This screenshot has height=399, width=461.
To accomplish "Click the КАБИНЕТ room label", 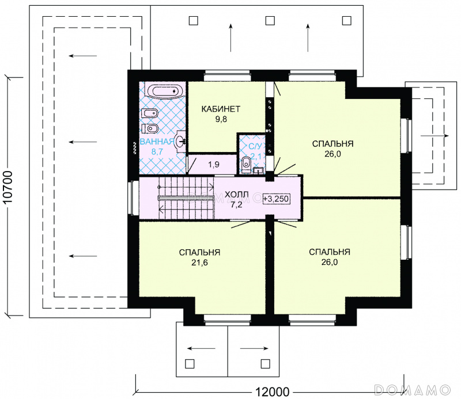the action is click(221, 109).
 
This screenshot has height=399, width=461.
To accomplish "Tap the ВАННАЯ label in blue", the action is click(157, 142).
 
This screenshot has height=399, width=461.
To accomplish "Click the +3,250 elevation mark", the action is click(276, 199).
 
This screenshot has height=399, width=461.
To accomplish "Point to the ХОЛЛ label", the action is click(237, 194).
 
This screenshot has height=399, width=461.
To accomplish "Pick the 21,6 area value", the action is click(199, 263).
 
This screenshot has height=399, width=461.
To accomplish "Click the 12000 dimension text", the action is click(272, 392).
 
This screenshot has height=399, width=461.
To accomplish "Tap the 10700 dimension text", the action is click(9, 187).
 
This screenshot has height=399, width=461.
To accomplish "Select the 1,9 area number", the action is click(214, 165).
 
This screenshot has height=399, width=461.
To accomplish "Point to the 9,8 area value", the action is click(221, 119).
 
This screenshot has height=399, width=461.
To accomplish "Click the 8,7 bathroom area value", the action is click(157, 152).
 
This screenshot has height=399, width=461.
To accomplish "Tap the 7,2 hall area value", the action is click(236, 205).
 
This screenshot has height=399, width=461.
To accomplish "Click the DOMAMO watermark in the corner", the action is click(413, 390).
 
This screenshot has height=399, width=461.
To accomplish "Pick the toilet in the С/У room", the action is click(247, 164).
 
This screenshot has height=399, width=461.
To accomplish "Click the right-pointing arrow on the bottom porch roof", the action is click(254, 349).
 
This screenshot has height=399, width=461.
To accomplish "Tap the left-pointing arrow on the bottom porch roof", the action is click(201, 349).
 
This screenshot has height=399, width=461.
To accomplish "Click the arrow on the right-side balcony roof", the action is click(435, 136).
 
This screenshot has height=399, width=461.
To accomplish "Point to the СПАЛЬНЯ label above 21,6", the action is click(199, 252).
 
